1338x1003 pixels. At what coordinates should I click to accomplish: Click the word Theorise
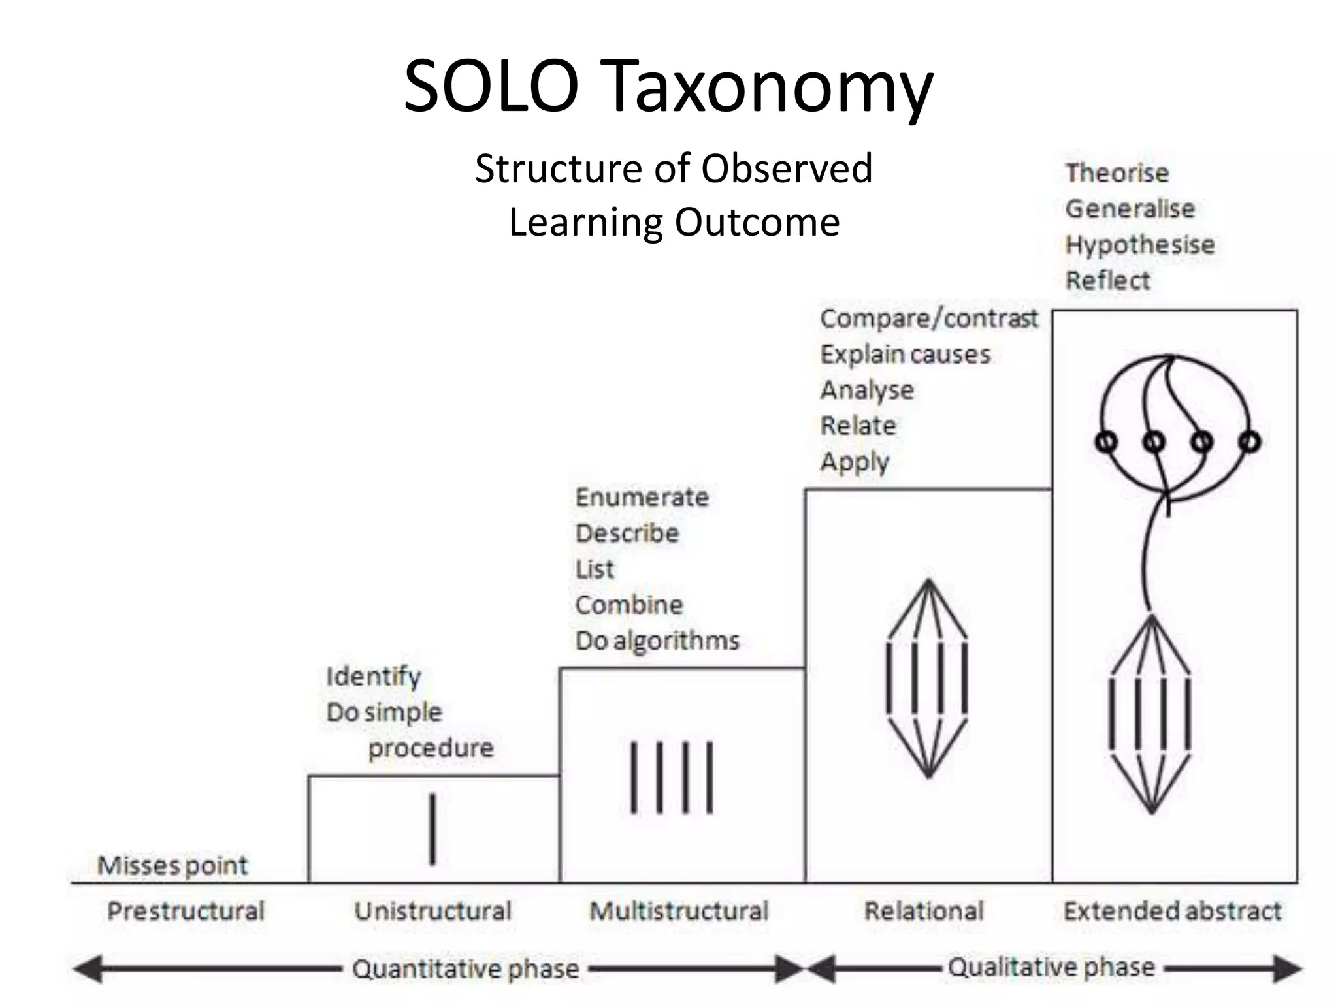1117,173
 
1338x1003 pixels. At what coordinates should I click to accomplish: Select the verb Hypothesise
1140,245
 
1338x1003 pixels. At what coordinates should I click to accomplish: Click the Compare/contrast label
928,319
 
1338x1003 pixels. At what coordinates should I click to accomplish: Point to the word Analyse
867,390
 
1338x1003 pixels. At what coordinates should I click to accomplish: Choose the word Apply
855,462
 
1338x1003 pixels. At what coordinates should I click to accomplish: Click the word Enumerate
642,498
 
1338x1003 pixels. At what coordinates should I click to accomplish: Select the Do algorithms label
657,641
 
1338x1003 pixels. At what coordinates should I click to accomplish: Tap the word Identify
373,677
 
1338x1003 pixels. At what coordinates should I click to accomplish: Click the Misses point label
172,866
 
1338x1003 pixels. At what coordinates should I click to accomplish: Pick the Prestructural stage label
186,911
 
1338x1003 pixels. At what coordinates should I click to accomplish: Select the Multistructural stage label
679,911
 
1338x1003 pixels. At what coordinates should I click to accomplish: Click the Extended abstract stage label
1172,911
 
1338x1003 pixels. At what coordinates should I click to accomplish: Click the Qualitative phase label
1051,967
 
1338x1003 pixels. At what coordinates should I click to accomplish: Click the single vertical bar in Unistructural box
432,829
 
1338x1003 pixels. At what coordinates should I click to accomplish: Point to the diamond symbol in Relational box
928,679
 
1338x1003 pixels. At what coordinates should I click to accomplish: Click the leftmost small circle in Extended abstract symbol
1106,442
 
